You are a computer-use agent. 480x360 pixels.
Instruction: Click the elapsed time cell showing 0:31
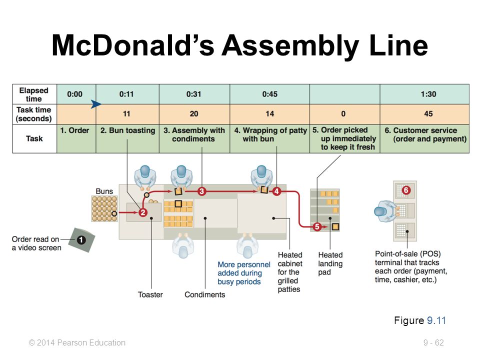194,94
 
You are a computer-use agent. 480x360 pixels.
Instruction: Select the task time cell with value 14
269,114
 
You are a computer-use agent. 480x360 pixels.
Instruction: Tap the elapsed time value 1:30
428,94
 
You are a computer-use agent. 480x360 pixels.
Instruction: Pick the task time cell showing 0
343,114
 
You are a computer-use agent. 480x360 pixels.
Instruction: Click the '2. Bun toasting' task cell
127,138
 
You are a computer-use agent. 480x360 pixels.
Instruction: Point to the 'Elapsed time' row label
33,94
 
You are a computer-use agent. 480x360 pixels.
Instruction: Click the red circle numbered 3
201,191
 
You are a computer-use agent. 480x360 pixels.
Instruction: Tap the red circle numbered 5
317,226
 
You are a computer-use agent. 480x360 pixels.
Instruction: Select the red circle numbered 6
406,190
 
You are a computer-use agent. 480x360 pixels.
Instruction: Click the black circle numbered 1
81,239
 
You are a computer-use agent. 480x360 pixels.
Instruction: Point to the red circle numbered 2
143,212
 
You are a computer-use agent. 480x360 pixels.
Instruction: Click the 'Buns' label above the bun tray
104,191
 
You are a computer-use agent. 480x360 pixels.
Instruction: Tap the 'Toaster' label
150,294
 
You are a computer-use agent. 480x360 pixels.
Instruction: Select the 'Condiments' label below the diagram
205,294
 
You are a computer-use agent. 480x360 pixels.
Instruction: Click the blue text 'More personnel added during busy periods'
243,273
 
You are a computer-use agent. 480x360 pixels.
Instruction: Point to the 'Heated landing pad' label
330,263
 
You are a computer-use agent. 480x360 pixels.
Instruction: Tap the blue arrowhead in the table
96,104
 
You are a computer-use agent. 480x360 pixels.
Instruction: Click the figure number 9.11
436,320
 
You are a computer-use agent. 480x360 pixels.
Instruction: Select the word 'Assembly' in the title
290,46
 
